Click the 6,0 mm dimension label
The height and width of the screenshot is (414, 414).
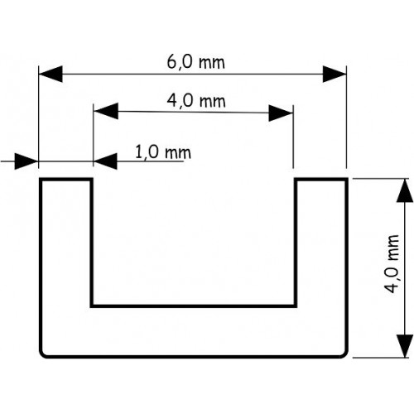tap(196, 63)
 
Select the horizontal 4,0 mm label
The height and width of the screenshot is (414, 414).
tap(196, 101)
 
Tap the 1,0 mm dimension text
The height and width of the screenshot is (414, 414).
tap(163, 152)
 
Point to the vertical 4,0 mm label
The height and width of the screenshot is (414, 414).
tap(392, 264)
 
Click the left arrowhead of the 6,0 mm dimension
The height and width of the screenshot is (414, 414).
tap(51, 74)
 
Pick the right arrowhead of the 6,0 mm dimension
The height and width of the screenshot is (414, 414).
tap(335, 74)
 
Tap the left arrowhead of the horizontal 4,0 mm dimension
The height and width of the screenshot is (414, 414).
tap(106, 111)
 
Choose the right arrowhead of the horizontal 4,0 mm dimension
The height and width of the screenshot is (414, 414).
tap(281, 113)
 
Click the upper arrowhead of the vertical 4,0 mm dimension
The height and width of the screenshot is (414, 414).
tap(405, 190)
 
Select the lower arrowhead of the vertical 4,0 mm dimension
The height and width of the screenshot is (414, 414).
tap(405, 345)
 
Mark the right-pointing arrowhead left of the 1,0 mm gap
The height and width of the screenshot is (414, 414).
tap(26, 161)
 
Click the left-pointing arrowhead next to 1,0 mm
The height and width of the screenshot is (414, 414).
tap(105, 161)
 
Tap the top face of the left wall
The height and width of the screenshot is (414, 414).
tap(66, 180)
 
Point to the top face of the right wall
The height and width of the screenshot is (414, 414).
tap(320, 180)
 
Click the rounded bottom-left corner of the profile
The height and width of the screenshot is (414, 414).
tap(43, 354)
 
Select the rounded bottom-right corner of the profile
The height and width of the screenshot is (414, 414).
tap(344, 354)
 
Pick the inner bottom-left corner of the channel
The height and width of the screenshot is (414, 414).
tap(92, 306)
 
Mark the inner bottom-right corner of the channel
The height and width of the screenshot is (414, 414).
tap(296, 306)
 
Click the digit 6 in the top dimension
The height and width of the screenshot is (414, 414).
tap(171, 62)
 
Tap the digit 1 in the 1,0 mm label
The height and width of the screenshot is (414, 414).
tap(139, 152)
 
